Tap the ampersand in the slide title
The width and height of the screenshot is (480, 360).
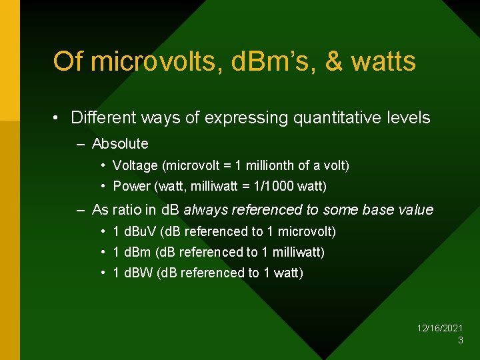click(x=334, y=61)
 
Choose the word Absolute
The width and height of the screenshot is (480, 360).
click(x=120, y=143)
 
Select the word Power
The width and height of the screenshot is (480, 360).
click(x=132, y=186)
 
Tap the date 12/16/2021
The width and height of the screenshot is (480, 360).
click(x=440, y=328)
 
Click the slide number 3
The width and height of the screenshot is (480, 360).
click(x=460, y=340)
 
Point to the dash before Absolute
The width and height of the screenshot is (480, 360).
click(x=81, y=144)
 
